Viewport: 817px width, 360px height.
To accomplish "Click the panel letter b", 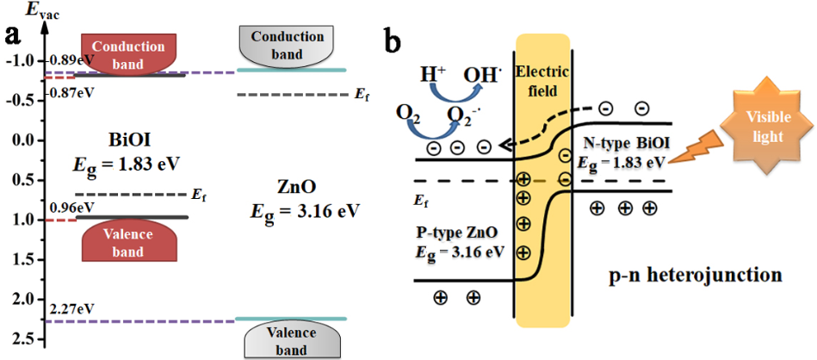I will (393, 37).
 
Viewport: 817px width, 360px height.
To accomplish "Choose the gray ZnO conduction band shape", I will (281, 46).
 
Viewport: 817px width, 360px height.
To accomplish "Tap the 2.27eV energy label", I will (71, 307).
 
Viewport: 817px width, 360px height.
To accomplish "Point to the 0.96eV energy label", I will (72, 207).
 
